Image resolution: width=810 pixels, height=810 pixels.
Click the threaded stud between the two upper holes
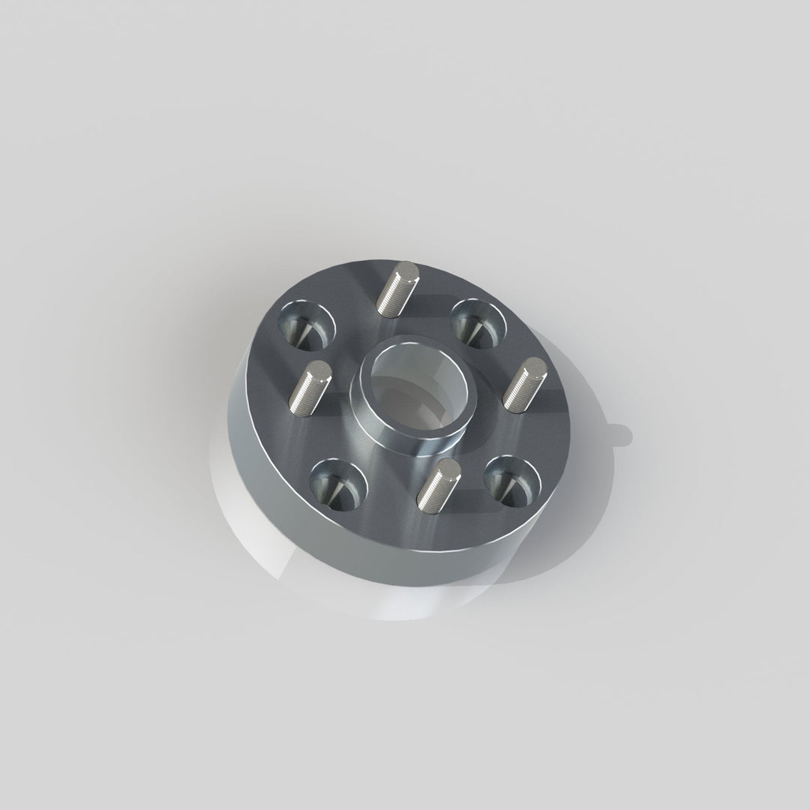pyautogui.click(x=396, y=289)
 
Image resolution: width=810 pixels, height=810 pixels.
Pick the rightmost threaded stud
pyautogui.click(x=523, y=385)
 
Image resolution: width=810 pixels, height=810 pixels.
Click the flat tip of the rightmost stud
pyautogui.click(x=535, y=367)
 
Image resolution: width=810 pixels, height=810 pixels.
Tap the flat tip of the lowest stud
pyautogui.click(x=448, y=468)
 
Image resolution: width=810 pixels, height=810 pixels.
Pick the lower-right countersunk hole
pyautogui.click(x=513, y=478)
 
